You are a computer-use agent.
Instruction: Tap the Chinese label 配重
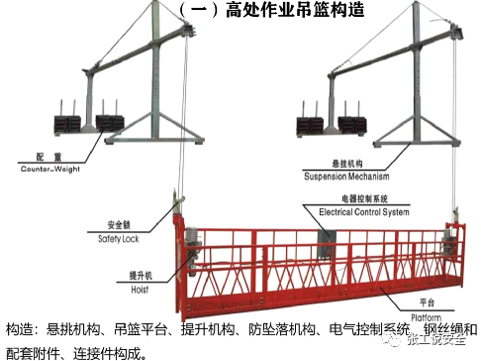click(x=42, y=158)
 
